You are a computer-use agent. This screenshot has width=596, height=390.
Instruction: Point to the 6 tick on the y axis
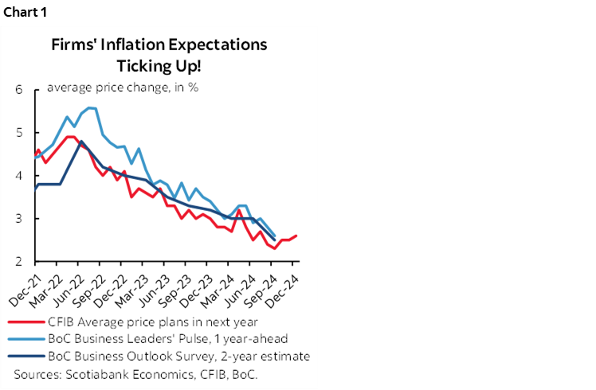18,89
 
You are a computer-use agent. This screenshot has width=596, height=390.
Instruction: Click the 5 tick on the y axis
18,132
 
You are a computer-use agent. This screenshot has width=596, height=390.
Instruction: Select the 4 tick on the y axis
18,175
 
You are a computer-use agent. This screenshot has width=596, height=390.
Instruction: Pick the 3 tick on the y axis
18,218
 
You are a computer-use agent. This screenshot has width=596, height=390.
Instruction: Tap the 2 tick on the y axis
18,261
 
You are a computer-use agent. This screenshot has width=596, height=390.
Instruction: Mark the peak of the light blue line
89,107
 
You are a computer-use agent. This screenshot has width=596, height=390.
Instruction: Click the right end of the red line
296,236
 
